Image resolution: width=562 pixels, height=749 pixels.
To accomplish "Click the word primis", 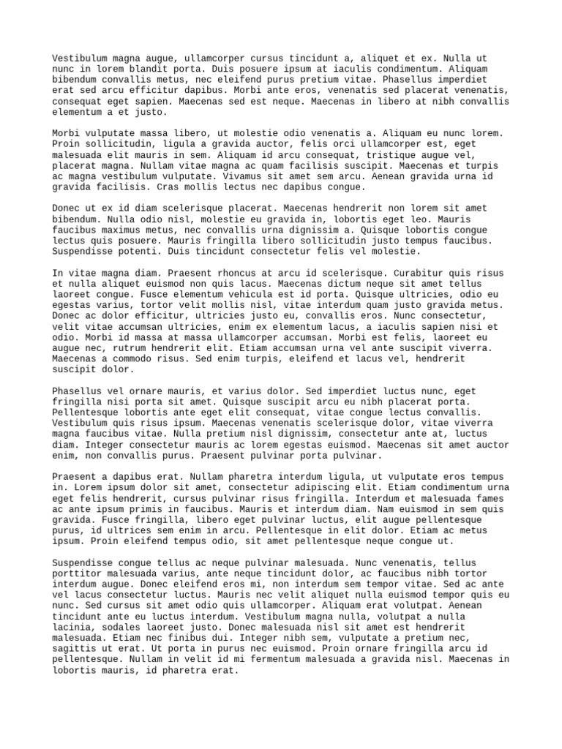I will pos(147,509).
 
